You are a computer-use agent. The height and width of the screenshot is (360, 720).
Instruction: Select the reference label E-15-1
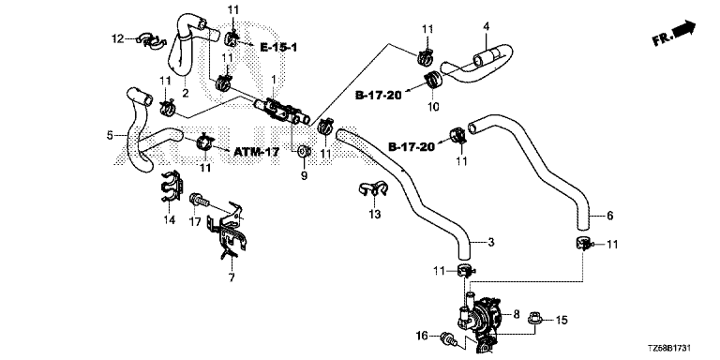[278, 47]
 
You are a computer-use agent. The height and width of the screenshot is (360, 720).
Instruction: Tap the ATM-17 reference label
[256, 152]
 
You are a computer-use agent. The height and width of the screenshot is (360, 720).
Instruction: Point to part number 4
[486, 26]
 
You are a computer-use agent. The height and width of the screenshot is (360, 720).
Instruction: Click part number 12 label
[118, 39]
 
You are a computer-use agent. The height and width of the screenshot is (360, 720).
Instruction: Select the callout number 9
[304, 175]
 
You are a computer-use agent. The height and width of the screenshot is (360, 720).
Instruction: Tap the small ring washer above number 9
[303, 150]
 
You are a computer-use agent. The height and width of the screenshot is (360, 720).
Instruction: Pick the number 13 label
[375, 214]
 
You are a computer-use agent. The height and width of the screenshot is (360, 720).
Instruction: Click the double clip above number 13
[373, 188]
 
